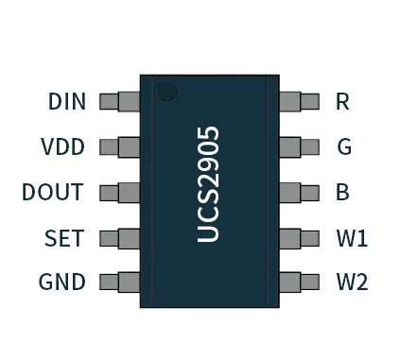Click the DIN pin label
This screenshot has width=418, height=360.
(66, 101)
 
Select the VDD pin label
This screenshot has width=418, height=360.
(63, 147)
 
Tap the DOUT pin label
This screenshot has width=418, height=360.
(53, 193)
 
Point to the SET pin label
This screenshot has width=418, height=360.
(64, 238)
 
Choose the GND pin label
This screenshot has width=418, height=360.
(62, 283)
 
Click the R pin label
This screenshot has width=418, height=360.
(342, 101)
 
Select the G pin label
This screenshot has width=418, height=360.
(343, 147)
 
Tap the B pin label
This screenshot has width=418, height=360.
(342, 193)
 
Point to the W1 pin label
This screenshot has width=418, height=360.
(352, 238)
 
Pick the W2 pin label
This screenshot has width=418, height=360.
(352, 283)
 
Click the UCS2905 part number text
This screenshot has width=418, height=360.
(209, 184)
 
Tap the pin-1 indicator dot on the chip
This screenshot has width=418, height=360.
(167, 92)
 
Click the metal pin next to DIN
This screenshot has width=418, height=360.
(120, 101)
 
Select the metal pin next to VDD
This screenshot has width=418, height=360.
(120, 147)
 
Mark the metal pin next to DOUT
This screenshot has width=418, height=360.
(120, 193)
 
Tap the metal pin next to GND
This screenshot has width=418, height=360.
(120, 282)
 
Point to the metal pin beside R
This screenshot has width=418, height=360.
(299, 101)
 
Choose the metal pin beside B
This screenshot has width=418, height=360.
(299, 193)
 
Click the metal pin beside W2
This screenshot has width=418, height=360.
(299, 282)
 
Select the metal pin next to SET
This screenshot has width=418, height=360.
(120, 237)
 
